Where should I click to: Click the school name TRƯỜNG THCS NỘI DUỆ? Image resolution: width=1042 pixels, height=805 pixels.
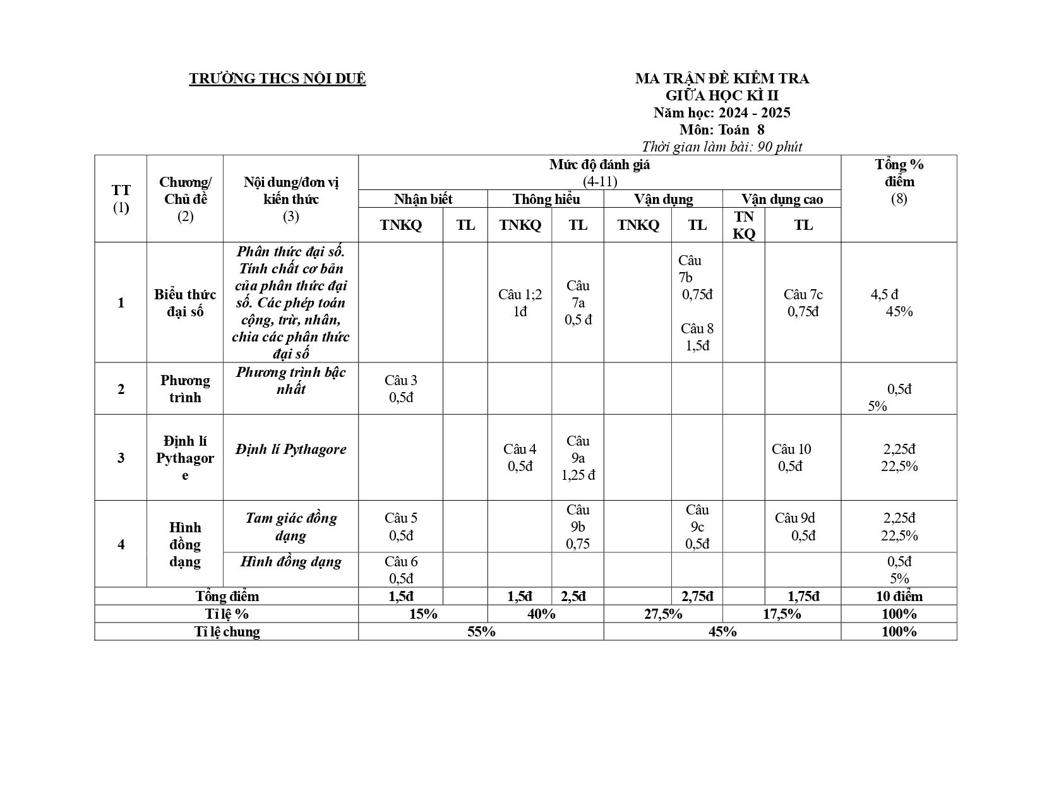(277, 79)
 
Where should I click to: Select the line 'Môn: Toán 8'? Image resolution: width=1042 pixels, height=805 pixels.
(721, 130)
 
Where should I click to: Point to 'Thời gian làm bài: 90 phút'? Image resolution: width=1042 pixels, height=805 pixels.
(721, 147)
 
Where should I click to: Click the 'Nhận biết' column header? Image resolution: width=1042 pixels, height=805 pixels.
(423, 200)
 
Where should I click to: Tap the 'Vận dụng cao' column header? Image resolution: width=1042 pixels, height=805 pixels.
(782, 200)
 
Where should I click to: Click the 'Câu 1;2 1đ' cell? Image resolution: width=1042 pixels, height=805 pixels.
(520, 303)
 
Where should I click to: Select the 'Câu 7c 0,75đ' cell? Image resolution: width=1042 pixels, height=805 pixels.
(803, 303)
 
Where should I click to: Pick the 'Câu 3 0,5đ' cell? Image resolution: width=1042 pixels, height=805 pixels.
(401, 389)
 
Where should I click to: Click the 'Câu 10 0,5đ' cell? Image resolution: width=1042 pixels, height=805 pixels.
(791, 458)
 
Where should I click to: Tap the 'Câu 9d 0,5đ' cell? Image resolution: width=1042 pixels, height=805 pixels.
(796, 527)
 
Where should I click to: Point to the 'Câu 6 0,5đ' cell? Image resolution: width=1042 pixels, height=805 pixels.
(401, 570)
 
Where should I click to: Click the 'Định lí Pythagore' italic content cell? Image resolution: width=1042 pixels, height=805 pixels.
(290, 450)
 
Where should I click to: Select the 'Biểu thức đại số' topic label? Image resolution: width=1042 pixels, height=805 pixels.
(185, 303)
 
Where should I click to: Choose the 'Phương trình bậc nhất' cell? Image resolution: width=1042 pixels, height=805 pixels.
(290, 381)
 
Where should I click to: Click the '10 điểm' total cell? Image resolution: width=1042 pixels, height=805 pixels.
(899, 597)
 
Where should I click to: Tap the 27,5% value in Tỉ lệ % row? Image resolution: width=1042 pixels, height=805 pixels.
(663, 614)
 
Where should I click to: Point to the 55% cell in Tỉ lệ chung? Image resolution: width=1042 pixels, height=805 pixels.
(481, 632)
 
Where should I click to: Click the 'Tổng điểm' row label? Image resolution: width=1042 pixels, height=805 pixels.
(227, 597)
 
